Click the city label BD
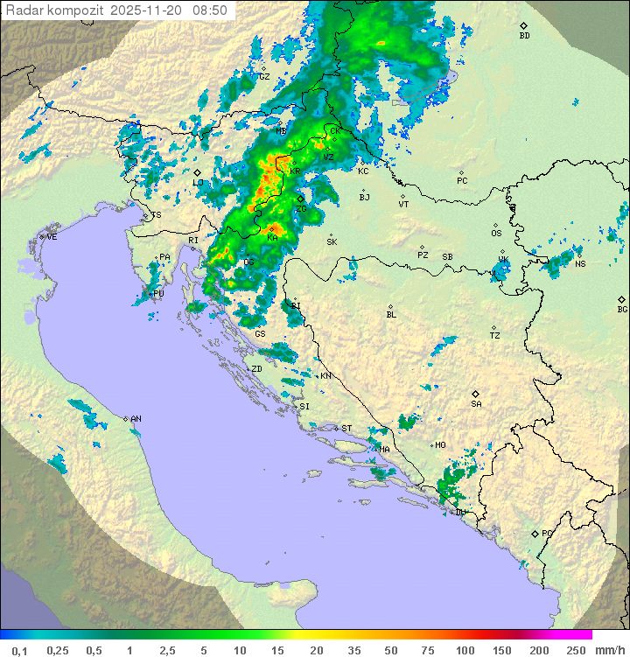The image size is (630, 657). coord(524,36)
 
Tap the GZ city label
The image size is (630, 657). coord(264,76)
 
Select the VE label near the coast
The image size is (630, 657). coord(52,237)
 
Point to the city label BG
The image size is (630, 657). coord(622,310)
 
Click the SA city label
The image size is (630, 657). coord(476,404)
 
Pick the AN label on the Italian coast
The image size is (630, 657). coord(136,419)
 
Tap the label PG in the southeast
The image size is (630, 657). coord(547,533)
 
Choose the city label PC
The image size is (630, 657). coord(462,181)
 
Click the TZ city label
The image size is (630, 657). coord(495,336)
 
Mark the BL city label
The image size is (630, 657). coord(391,315)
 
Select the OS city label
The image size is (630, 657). coord(496,234)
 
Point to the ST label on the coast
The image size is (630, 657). coord(346,429)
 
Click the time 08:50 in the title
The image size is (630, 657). coord(211,10)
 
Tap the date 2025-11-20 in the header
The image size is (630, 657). coord(146,10)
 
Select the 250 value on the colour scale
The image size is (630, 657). coord(576,650)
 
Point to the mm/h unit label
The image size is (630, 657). coord(609,650)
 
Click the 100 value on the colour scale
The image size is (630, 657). coord(465,650)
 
